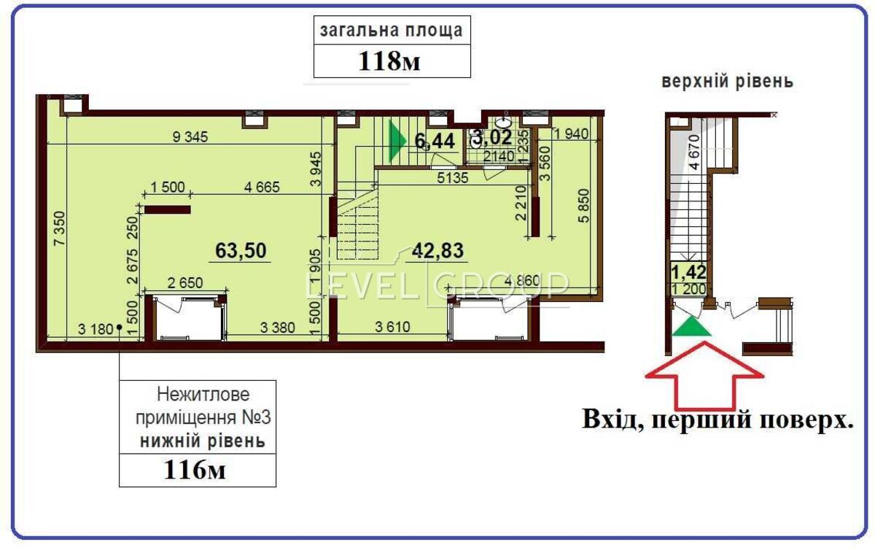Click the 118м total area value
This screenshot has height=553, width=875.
(x=389, y=61)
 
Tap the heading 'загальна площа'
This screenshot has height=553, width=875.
(x=392, y=31)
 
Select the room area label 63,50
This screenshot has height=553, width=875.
(x=241, y=250)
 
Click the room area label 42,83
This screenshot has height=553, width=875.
(x=438, y=250)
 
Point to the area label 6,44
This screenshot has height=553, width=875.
(x=435, y=141)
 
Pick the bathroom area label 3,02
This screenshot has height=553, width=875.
(x=493, y=137)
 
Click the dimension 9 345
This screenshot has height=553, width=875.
(x=190, y=136)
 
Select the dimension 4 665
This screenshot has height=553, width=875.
(x=262, y=187)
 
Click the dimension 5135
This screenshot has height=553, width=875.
(x=452, y=178)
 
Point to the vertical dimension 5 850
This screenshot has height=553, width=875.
(x=583, y=206)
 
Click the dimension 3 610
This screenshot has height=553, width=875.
(x=392, y=327)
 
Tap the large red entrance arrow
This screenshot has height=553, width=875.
(x=704, y=375)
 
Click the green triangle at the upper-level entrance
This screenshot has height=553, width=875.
(x=691, y=326)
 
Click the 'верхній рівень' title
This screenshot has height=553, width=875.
(x=728, y=81)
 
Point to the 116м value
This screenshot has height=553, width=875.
(x=195, y=469)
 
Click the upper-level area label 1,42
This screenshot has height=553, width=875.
(x=688, y=272)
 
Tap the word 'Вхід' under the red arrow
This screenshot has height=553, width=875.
(x=610, y=419)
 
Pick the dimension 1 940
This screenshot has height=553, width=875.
(x=571, y=134)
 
